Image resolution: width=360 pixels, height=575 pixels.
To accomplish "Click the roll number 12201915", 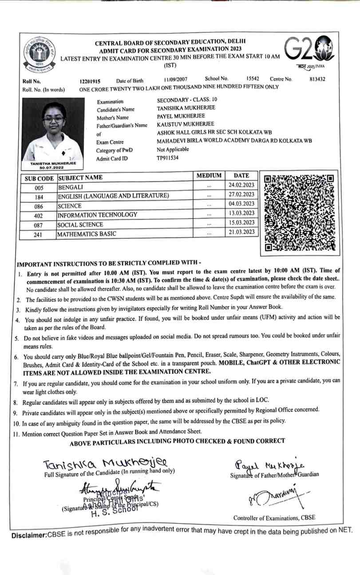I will (x=90, y=81).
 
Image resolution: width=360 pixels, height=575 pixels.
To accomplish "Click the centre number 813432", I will (x=317, y=79).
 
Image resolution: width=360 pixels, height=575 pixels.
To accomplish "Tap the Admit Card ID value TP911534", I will (x=168, y=158).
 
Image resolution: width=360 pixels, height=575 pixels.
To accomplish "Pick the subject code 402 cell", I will (x=38, y=215).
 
